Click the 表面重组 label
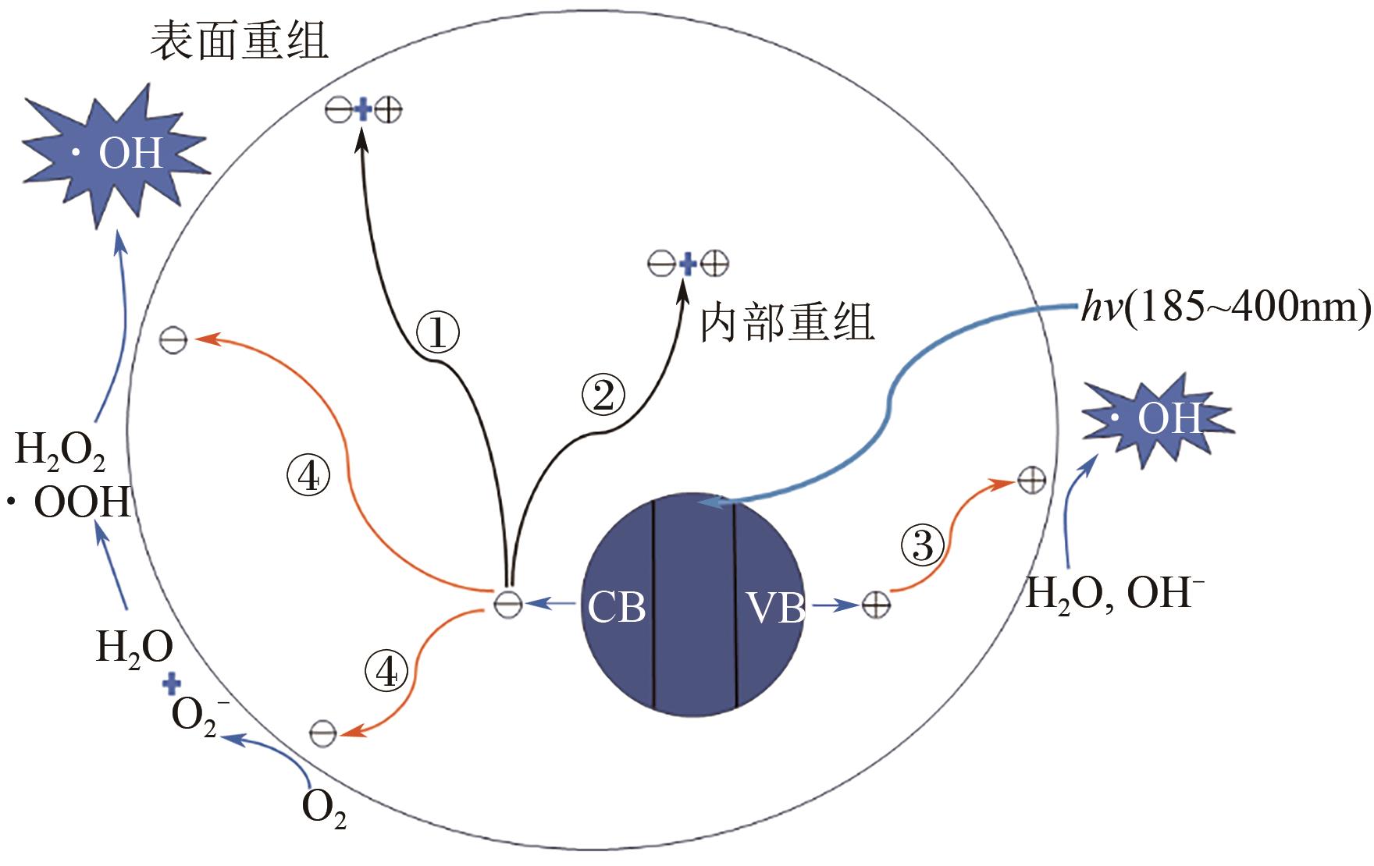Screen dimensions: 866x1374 [x=239, y=41]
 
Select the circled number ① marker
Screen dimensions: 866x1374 [x=437, y=333]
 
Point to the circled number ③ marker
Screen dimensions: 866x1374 [x=922, y=545]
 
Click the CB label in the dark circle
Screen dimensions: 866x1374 [x=616, y=607]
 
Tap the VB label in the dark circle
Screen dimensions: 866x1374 [x=774, y=607]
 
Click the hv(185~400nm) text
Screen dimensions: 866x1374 [x=1226, y=307]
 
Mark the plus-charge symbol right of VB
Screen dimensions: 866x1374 [x=875, y=605]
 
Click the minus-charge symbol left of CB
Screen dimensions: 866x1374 [x=508, y=603]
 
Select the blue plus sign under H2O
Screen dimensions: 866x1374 [x=171, y=684]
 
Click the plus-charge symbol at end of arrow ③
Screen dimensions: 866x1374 [x=1031, y=481]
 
